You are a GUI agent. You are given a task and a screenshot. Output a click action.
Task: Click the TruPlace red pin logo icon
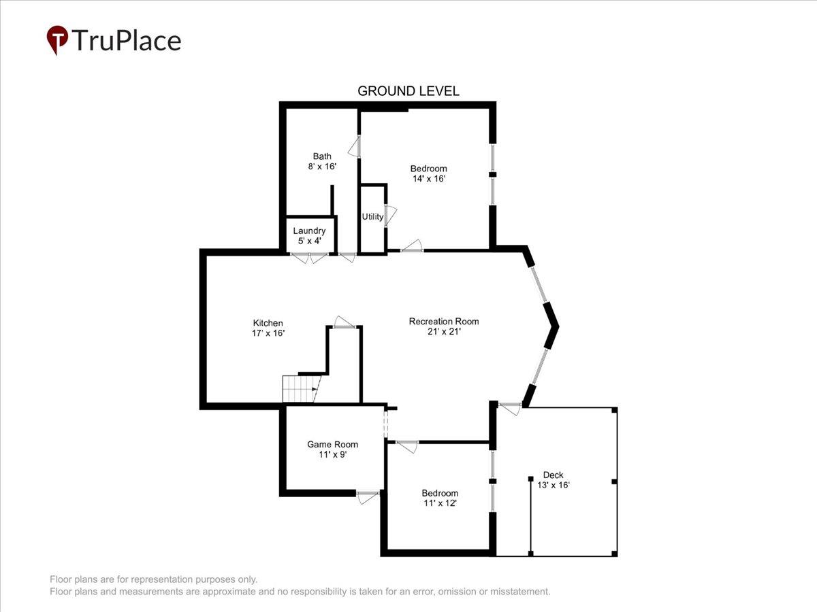(x=57, y=39)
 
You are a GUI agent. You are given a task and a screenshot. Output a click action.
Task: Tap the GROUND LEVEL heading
(x=408, y=91)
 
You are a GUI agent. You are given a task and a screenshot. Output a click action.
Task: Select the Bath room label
(x=322, y=156)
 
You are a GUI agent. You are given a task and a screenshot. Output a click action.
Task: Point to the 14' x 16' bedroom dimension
(x=429, y=179)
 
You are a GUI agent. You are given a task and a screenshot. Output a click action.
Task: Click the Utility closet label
(x=372, y=217)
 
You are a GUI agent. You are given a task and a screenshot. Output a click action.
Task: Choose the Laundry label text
(x=309, y=231)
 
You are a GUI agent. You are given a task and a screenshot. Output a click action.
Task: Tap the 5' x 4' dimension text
(x=309, y=241)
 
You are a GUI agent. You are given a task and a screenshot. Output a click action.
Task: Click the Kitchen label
(x=268, y=323)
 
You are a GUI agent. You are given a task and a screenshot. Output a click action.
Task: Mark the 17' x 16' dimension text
(x=268, y=333)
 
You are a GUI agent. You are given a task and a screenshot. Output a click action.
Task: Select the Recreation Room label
(x=444, y=321)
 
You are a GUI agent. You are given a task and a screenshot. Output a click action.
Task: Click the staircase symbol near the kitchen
(x=302, y=389)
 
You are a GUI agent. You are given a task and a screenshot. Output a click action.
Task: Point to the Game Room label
(x=332, y=444)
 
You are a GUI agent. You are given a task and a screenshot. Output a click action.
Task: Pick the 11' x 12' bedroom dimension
(x=440, y=503)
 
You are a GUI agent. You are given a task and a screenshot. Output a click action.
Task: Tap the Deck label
(x=553, y=475)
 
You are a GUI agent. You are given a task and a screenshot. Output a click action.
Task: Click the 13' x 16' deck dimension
(x=554, y=485)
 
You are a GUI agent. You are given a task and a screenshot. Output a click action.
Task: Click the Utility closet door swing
(x=390, y=215)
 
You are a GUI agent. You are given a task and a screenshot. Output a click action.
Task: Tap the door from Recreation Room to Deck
(x=509, y=409)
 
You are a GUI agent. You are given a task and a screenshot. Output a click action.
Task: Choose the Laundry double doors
(x=309, y=258)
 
